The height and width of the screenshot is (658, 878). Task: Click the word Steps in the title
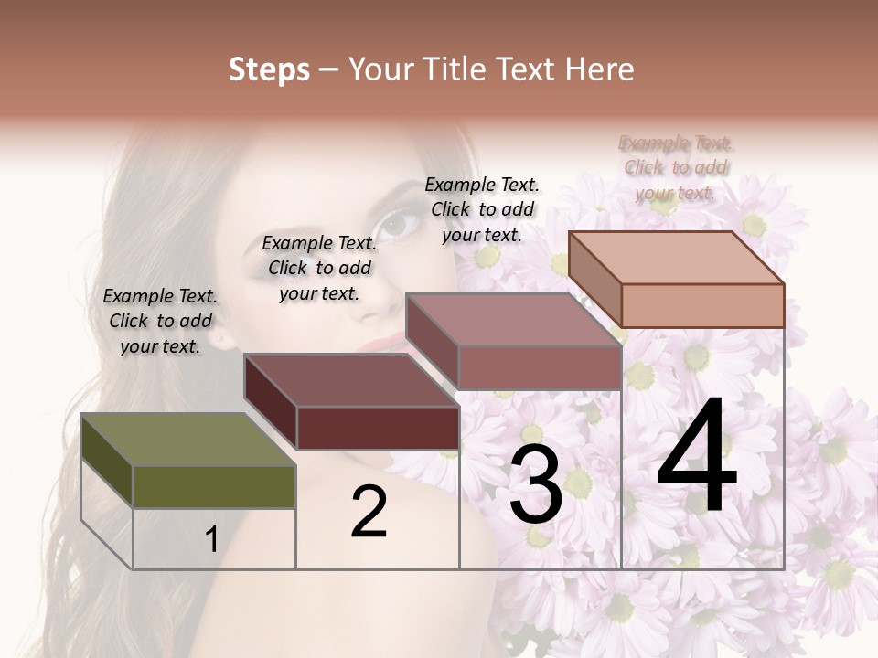(x=269, y=69)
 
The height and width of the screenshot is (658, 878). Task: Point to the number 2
(x=369, y=513)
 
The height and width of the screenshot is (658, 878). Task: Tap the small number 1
(x=211, y=540)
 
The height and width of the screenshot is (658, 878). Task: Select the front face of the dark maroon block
(x=377, y=428)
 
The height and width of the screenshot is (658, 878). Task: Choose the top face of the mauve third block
(x=512, y=320)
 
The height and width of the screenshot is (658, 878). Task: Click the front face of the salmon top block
(x=702, y=305)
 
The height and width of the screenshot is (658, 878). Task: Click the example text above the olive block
(x=160, y=321)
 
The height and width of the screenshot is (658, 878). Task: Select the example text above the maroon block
(x=319, y=268)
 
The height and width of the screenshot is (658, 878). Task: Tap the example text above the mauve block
(x=482, y=209)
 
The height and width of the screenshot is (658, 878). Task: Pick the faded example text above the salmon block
(x=676, y=167)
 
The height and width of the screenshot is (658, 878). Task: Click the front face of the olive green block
(x=214, y=487)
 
